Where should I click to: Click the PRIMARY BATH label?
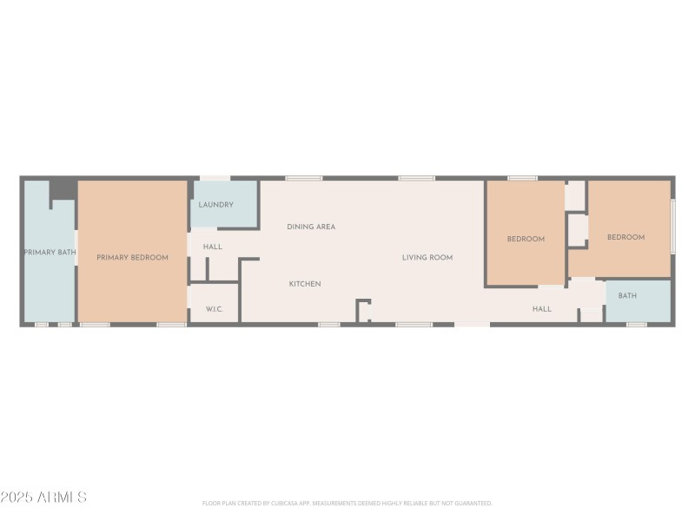[50, 253]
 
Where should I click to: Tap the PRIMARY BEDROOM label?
[132, 258]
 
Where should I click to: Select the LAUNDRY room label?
[215, 205]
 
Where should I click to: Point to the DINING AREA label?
[311, 227]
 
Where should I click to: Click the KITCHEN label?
[305, 284]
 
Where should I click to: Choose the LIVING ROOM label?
[427, 258]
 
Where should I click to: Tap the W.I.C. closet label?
[215, 309]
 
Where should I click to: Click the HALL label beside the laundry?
[213, 247]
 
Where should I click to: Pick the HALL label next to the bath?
[542, 309]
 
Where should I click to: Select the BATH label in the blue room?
[627, 296]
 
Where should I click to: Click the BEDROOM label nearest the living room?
[526, 239]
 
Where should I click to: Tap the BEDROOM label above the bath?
[625, 237]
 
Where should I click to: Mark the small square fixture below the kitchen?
[363, 310]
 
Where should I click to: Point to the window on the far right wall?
[673, 226]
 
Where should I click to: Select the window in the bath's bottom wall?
[637, 325]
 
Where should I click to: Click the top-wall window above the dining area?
[303, 178]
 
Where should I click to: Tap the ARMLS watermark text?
[43, 498]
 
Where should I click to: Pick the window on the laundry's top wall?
[215, 178]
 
